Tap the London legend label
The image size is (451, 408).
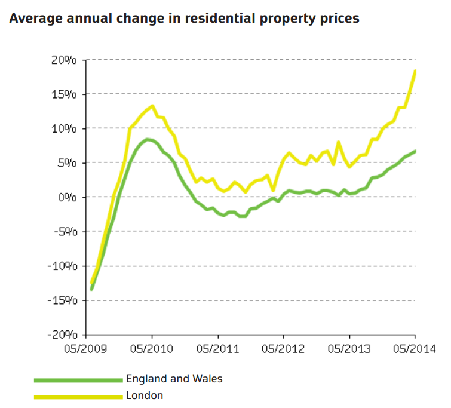(x=145, y=395)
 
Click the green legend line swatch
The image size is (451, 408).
(x=78, y=379)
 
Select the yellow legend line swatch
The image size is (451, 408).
(x=78, y=395)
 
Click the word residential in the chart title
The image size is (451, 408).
(x=216, y=19)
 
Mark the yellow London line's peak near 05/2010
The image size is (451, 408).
(x=152, y=106)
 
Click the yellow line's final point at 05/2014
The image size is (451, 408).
(x=415, y=70)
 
